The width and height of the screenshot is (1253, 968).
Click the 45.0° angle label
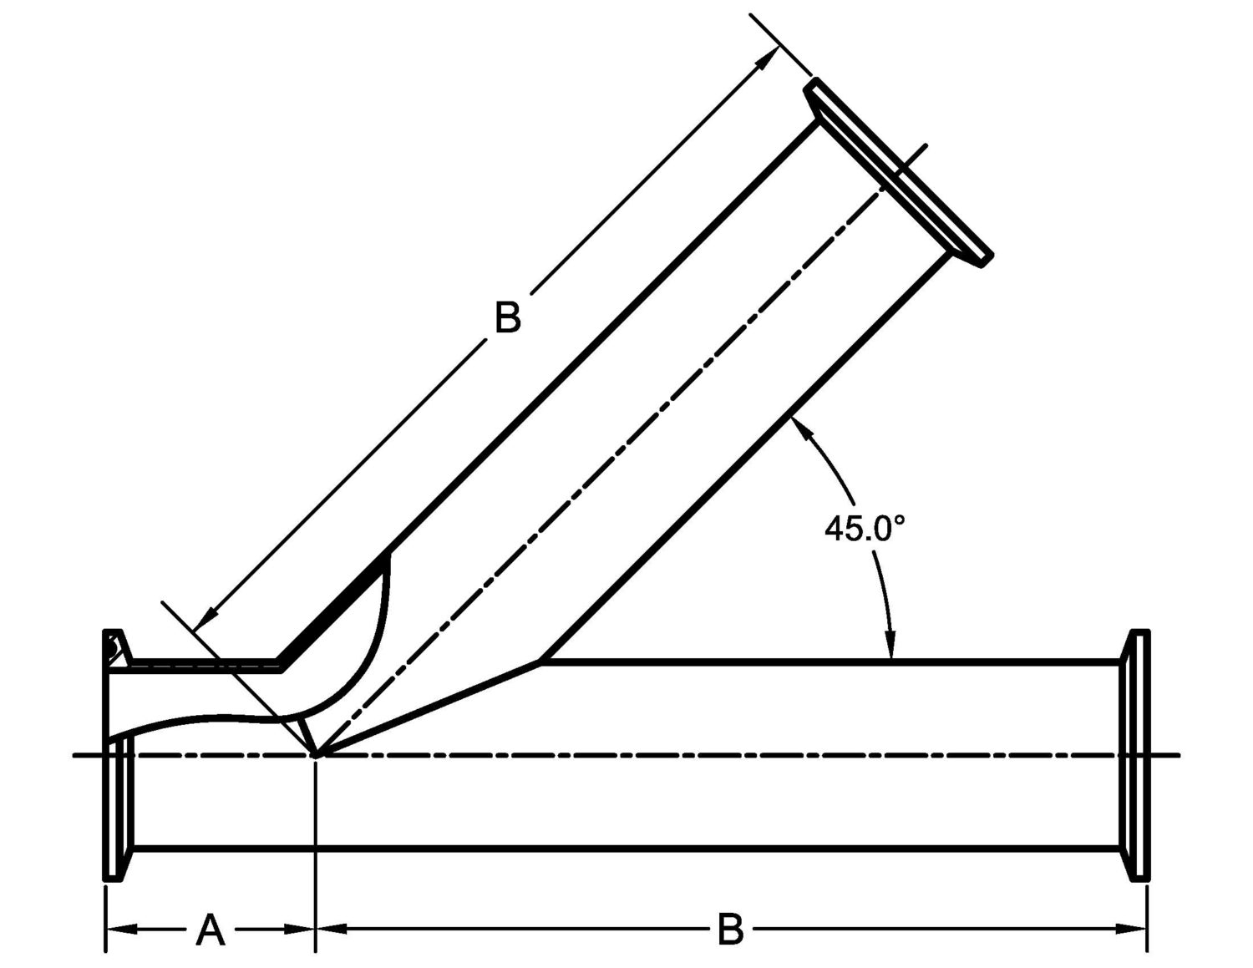click(x=864, y=529)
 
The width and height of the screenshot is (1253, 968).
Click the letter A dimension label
click(x=211, y=930)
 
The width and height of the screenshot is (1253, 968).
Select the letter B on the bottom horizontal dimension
click(x=730, y=930)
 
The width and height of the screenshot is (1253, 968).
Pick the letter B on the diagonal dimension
click(x=507, y=318)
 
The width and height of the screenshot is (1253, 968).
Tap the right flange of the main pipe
click(x=1139, y=754)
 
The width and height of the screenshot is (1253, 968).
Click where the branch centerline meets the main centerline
click(x=317, y=756)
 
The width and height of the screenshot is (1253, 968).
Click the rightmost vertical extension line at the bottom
click(x=1147, y=919)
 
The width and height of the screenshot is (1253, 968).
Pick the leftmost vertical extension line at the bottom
click(x=105, y=919)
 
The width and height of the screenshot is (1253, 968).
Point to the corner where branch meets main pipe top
click(x=541, y=662)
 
